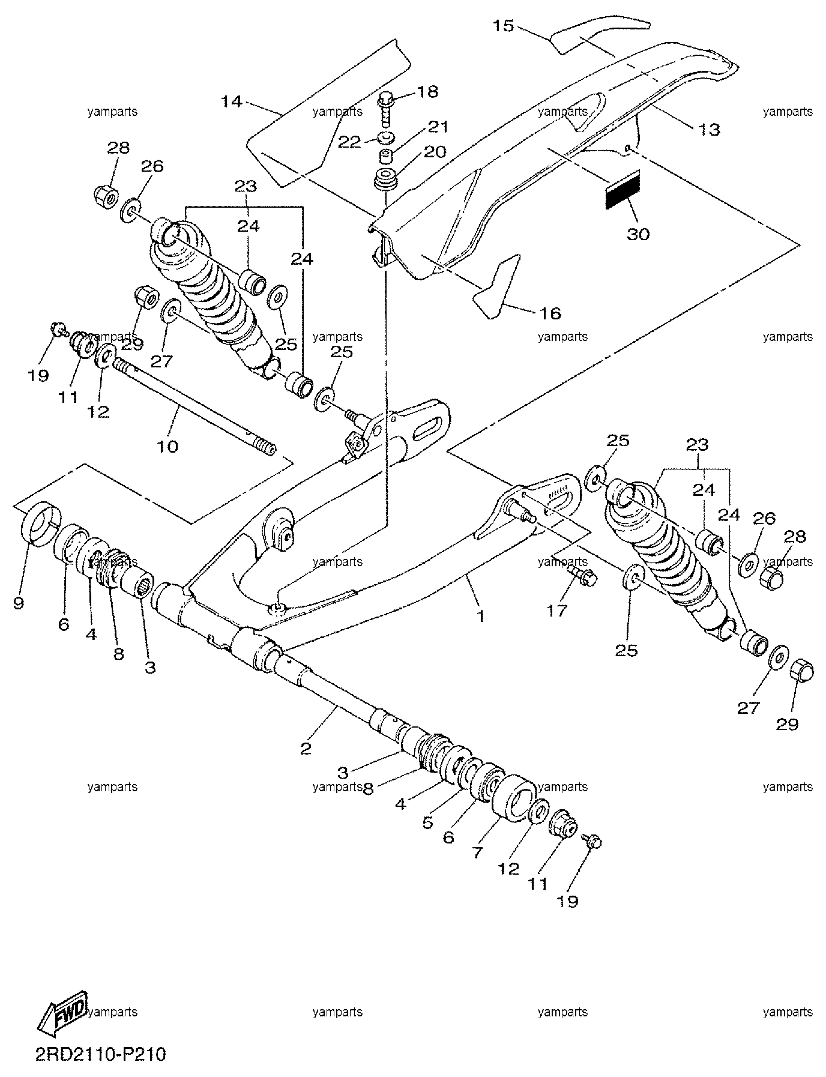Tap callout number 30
point(638,234)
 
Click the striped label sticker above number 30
point(623,190)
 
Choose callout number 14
point(231,101)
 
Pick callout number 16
point(550,313)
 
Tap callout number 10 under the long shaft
point(168,447)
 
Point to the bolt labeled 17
point(582,575)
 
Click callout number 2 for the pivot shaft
point(306,748)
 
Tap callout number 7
point(477,852)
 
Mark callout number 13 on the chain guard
point(709,129)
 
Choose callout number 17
point(557,611)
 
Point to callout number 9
point(18,603)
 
